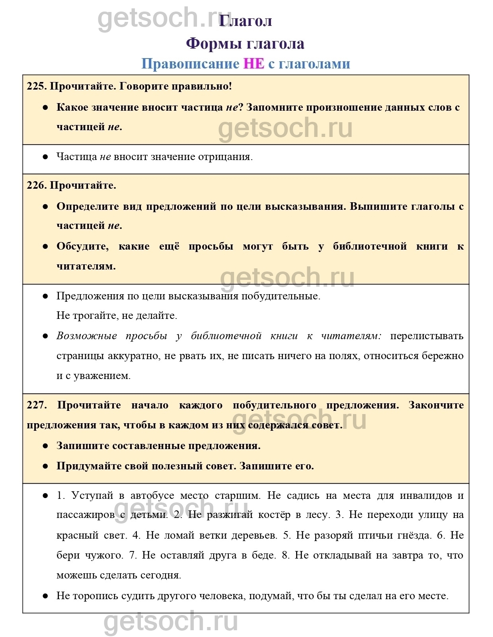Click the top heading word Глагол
[246, 21]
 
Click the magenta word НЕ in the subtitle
[253, 64]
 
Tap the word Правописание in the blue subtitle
[190, 64]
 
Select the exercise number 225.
[36, 86]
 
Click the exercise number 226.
[36, 185]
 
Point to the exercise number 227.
[36, 405]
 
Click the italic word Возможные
[87, 336]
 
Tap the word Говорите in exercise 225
[142, 86]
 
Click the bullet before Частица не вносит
[45, 157]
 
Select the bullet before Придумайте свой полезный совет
[45, 466]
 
